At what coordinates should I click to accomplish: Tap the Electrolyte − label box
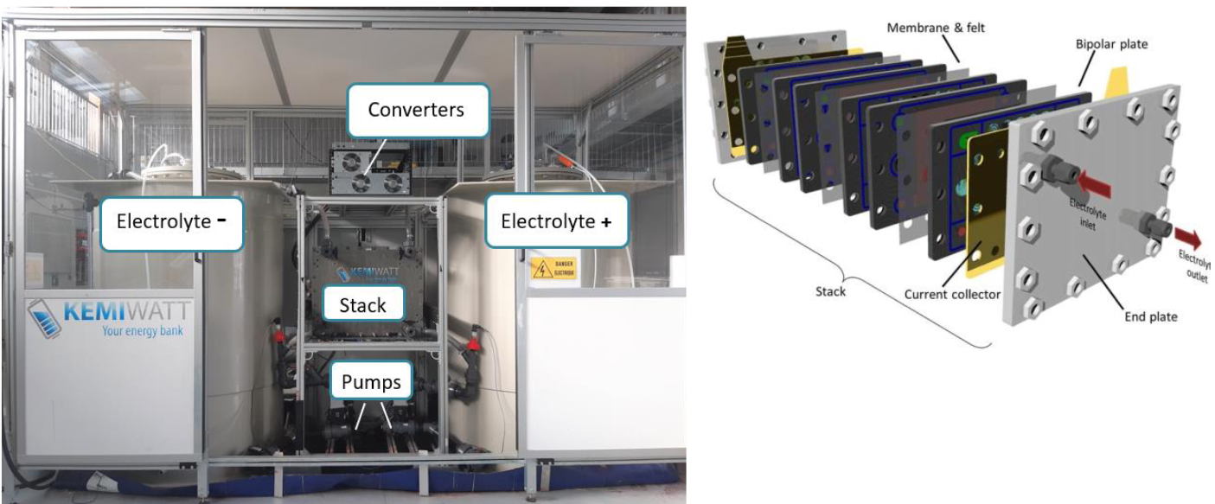point(170,221)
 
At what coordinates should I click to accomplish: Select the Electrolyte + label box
point(555,221)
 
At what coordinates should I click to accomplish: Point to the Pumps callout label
point(371,381)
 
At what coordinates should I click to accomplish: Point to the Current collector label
point(950,295)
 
